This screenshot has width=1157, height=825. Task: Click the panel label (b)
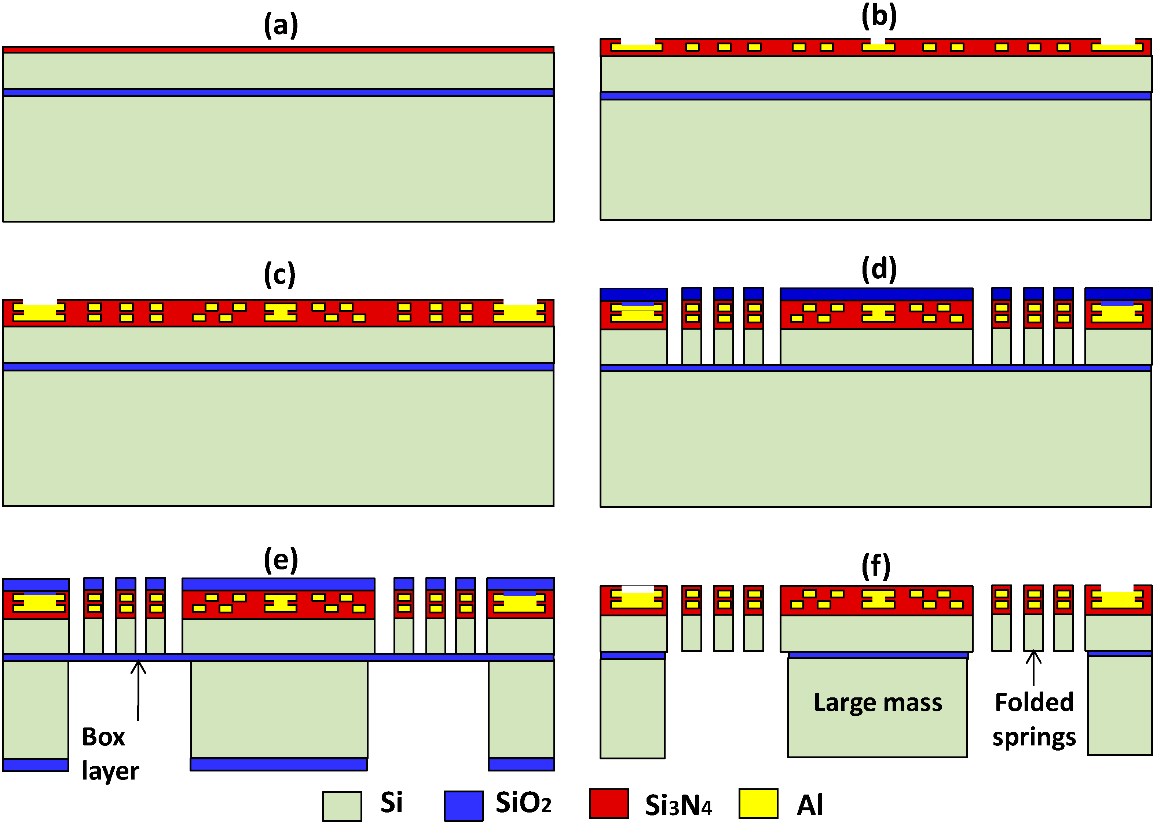point(879,16)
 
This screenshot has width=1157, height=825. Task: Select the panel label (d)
point(879,269)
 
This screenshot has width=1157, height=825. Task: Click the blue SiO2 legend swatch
point(464,805)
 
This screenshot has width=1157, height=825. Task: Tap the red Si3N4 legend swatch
point(609,804)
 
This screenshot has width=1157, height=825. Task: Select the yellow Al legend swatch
point(758,804)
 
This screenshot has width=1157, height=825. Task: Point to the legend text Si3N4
point(678,805)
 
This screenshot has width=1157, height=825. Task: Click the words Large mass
point(878,703)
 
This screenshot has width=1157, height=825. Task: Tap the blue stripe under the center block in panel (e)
point(278,764)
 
